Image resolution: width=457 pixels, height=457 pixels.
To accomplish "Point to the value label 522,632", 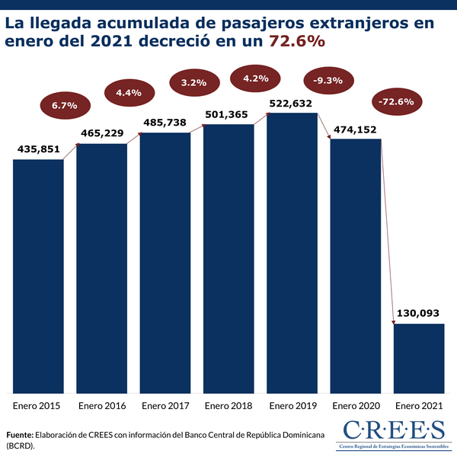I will pyautogui.click(x=292, y=102).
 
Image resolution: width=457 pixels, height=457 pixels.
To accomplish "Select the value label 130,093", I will pyautogui.click(x=418, y=312).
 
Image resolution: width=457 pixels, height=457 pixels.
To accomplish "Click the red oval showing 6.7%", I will pyautogui.click(x=65, y=104).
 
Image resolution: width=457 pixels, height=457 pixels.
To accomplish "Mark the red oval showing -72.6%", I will pyautogui.click(x=395, y=101).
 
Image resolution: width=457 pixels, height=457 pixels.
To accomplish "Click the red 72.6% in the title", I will pyautogui.click(x=297, y=43).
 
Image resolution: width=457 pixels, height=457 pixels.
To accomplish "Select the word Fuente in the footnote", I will pyautogui.click(x=21, y=433).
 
